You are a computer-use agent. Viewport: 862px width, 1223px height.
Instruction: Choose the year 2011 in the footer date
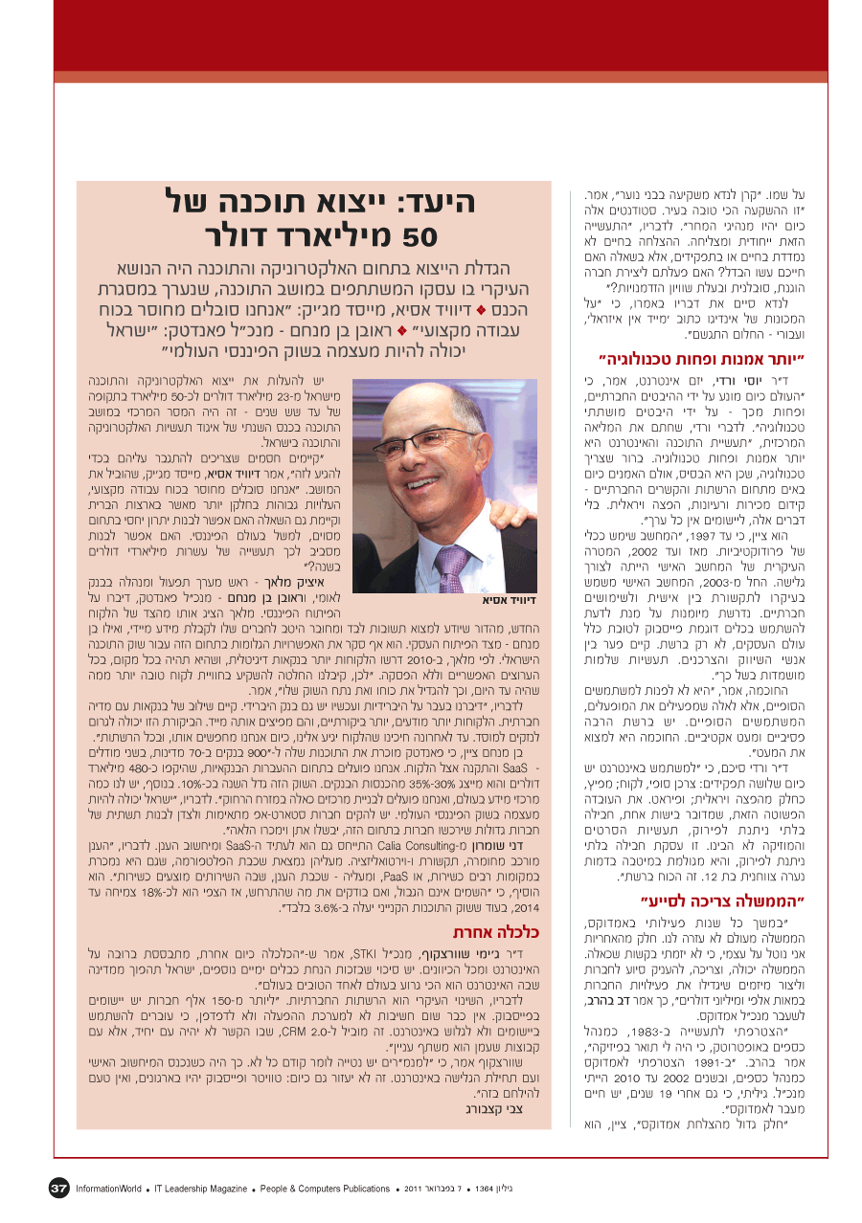(x=414, y=1189)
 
